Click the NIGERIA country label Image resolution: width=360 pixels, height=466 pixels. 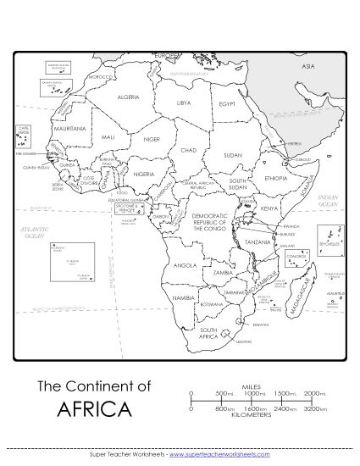pos(144,174)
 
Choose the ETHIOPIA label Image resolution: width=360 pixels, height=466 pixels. pos(277,179)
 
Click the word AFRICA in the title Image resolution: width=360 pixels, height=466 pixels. pos(95,411)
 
